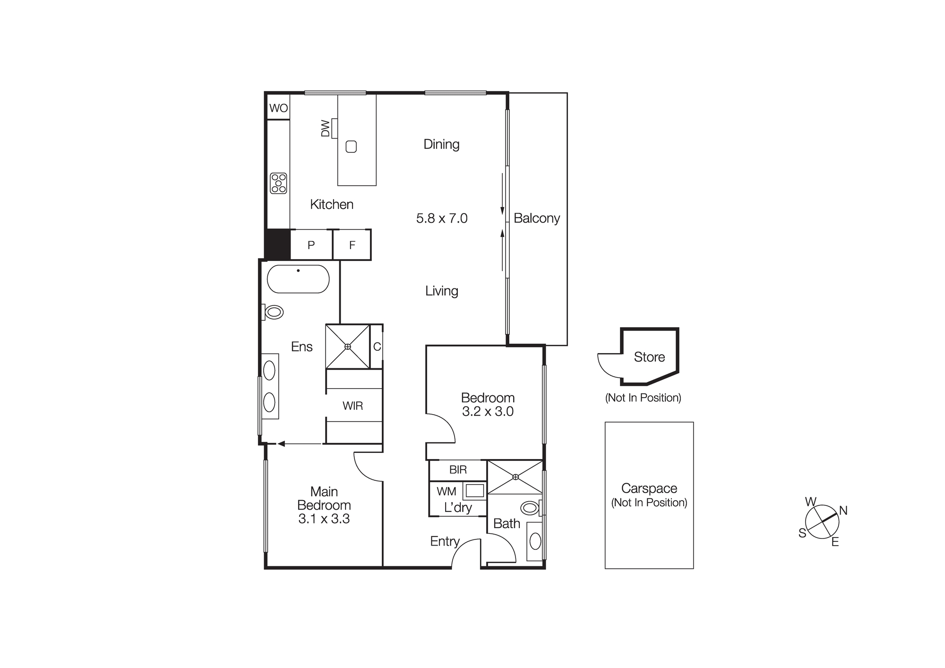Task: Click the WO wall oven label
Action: point(278,108)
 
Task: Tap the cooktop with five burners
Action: point(278,183)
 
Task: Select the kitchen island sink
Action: point(351,147)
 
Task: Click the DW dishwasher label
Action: point(326,129)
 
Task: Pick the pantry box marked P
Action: point(311,245)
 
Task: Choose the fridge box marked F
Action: point(352,245)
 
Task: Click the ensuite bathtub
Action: point(298,279)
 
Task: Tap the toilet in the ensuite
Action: point(274,312)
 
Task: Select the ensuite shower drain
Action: point(348,347)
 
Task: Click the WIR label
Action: point(352,406)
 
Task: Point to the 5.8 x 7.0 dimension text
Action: point(442,218)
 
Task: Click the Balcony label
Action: point(537,218)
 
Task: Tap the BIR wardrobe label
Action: point(458,470)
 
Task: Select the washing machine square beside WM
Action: point(474,490)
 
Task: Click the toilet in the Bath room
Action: point(530,508)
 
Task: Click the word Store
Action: point(649,357)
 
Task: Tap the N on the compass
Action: point(843,511)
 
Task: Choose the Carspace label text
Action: point(649,488)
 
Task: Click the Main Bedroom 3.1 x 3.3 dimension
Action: point(324,519)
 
